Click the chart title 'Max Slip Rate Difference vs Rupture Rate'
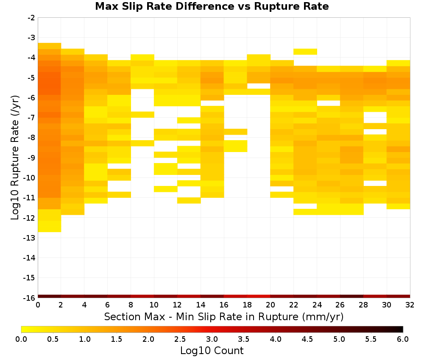point(212,6)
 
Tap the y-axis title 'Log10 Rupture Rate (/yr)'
point(15,158)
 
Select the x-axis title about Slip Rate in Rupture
point(224,316)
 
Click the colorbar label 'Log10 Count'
point(212,351)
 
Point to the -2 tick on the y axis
point(31,18)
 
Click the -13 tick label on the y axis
point(30,238)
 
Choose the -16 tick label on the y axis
point(30,298)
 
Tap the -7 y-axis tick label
point(31,118)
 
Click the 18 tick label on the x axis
point(247,305)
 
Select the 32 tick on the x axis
point(410,305)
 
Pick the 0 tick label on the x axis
point(38,305)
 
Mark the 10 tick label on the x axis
point(154,305)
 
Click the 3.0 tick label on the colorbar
point(212,339)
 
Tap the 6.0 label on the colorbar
point(403,339)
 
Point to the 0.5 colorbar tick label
point(53,339)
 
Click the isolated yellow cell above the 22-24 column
point(305,52)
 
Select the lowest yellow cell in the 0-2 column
point(50,226)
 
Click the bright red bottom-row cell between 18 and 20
point(259,296)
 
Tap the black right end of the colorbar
point(401,329)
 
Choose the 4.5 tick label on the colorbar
point(307,339)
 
